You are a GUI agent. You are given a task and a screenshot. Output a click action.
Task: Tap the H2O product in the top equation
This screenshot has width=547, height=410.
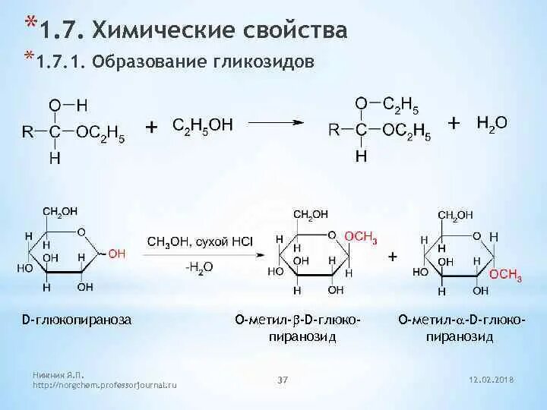click(492, 122)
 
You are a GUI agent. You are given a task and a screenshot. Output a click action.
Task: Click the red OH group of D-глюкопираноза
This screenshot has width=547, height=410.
click(117, 254)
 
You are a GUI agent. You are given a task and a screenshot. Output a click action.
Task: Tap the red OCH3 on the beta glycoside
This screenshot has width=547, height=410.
click(361, 238)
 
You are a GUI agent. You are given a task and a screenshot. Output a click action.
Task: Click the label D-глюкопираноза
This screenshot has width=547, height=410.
click(76, 320)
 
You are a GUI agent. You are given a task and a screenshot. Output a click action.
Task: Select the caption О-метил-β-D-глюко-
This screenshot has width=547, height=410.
click(297, 320)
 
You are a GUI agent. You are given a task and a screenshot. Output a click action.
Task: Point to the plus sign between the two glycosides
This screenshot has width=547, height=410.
click(393, 257)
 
